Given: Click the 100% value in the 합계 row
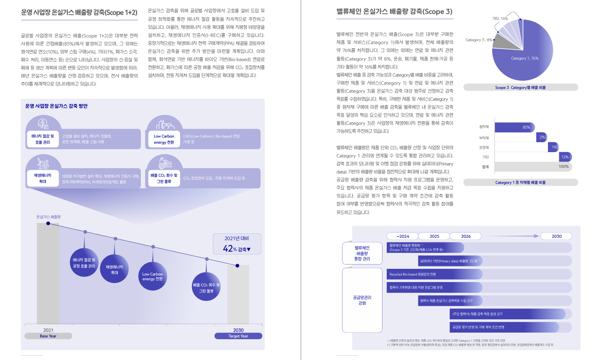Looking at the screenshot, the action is pyautogui.click(x=564, y=167).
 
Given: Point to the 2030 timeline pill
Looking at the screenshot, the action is pyautogui.click(x=556, y=236).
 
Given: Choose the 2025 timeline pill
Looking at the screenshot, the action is pyautogui.click(x=434, y=236).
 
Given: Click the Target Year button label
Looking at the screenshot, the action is pyautogui.click(x=238, y=336).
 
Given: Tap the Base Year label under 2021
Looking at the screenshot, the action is pyautogui.click(x=48, y=336).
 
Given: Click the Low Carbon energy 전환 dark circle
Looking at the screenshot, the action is pyautogui.click(x=152, y=276).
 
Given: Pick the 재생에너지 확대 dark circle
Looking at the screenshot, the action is pyautogui.click(x=114, y=270).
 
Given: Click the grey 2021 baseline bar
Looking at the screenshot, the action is pyautogui.click(x=48, y=274).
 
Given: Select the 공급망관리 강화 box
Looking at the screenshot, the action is pyautogui.click(x=362, y=300).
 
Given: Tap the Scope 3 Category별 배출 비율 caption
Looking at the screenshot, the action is pyautogui.click(x=520, y=87).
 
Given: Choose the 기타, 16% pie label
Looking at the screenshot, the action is pyautogui.click(x=500, y=18).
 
